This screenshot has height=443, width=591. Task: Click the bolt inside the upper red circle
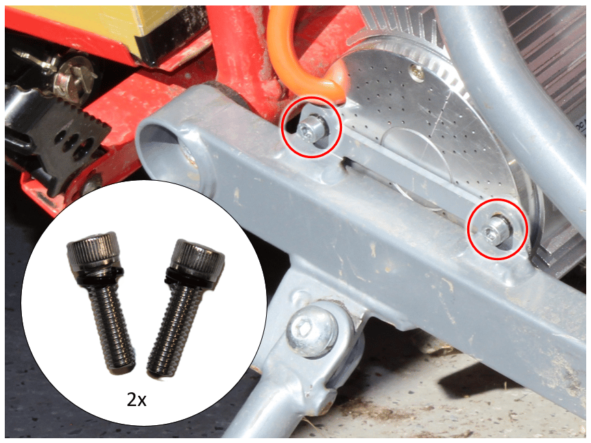(x=310, y=128)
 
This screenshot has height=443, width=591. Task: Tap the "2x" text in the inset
(x=136, y=400)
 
